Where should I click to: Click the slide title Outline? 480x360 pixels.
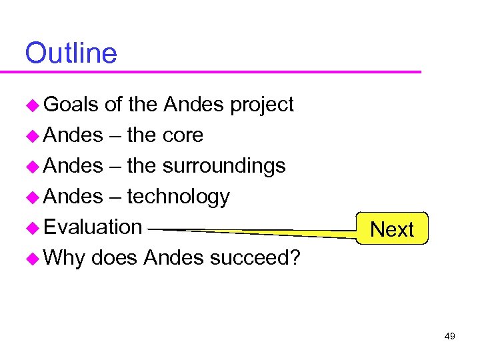pos(71,53)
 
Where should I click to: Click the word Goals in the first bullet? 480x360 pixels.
pos(71,105)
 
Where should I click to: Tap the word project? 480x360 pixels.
pos(261,105)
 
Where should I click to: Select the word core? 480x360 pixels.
pos(183,135)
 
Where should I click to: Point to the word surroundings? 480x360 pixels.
pos(224,166)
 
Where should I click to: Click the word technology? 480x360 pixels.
pos(178,197)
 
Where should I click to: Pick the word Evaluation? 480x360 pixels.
pos(93,227)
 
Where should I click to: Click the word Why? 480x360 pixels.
pos(65,257)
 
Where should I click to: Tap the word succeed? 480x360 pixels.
pos(255,257)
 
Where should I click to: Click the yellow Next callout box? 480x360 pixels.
pos(392,229)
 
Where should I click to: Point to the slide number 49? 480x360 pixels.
pos(449,337)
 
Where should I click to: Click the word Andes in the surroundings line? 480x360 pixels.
pos(73,166)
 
